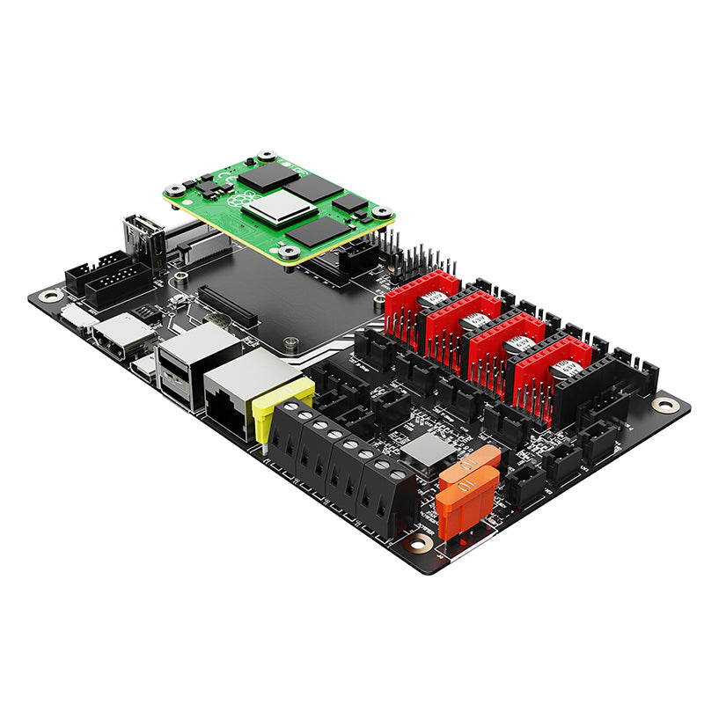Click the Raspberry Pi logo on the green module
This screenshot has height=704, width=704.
(x=238, y=200)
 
